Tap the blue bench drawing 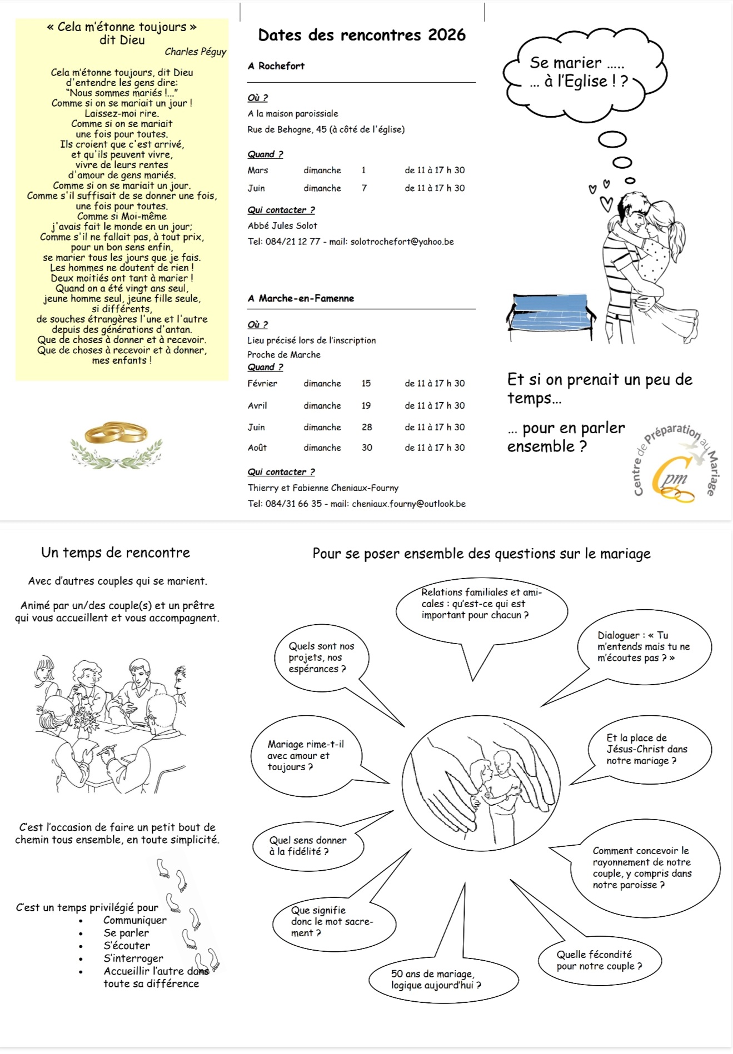550,314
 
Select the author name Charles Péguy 195,52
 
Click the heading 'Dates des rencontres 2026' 362,35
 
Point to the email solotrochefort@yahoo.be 402,242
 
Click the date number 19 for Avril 366,405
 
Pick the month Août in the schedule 257,448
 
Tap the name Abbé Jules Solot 282,225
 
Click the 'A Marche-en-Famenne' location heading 301,298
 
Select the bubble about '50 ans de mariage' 436,980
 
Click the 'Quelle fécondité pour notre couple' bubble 599,960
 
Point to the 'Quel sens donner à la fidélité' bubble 308,846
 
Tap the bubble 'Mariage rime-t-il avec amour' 306,755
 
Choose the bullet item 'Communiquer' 134,920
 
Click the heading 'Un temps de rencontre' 116,553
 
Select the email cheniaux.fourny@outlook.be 408,504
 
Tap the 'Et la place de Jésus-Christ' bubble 647,749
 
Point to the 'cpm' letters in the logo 673,477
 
